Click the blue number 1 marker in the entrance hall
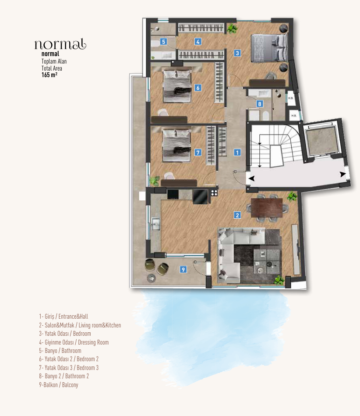(x=237, y=153)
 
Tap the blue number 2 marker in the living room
(x=237, y=215)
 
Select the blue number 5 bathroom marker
(x=163, y=42)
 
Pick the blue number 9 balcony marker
(x=183, y=270)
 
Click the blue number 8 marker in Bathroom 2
(x=260, y=104)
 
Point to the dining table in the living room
(x=267, y=208)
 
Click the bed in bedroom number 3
(x=269, y=48)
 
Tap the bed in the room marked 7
(x=176, y=146)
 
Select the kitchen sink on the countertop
(x=155, y=224)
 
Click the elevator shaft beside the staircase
(x=322, y=141)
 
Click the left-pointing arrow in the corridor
(x=252, y=178)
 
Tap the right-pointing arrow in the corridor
(x=343, y=174)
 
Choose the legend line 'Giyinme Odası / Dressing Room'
(x=74, y=342)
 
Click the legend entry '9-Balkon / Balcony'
(x=59, y=385)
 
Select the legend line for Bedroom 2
(x=69, y=359)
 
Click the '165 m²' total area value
(x=49, y=75)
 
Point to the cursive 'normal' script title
(x=60, y=44)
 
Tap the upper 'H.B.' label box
(x=291, y=98)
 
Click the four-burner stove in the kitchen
(x=214, y=192)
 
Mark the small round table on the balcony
(x=152, y=278)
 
